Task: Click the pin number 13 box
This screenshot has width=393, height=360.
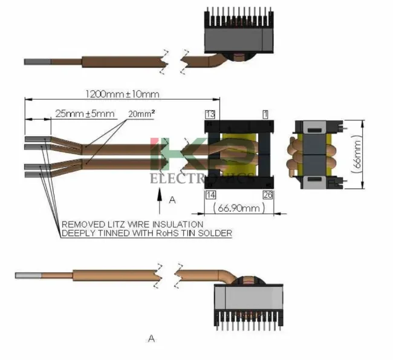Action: (210, 114)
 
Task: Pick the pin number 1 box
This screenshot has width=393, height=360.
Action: (265, 114)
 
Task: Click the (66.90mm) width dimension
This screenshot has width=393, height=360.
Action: (240, 209)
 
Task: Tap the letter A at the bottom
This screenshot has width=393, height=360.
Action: (152, 339)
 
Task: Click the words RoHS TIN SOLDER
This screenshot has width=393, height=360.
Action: (196, 233)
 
